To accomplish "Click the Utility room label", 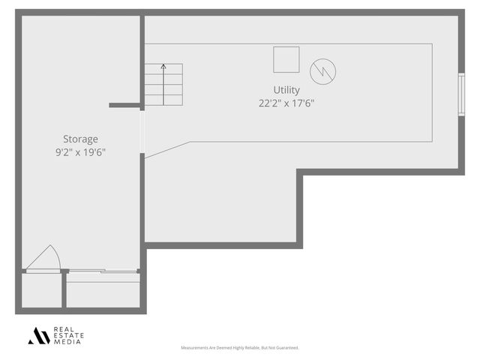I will [x=286, y=90].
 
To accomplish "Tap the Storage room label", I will [x=80, y=139].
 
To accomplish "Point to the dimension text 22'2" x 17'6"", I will [x=286, y=103].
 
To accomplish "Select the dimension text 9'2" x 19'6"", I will [x=80, y=152].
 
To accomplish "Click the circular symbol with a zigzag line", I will [x=322, y=71].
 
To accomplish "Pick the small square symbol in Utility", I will [x=286, y=59].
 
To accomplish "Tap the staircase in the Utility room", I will [x=163, y=84].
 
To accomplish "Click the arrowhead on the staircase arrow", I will [x=163, y=67].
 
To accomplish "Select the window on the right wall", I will [x=461, y=94].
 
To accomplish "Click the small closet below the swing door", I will [x=41, y=290].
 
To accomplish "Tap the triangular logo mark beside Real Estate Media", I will [x=39, y=336].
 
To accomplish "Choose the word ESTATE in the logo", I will [x=68, y=336].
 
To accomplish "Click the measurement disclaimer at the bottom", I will [x=240, y=348].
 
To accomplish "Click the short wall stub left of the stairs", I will [x=124, y=105].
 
